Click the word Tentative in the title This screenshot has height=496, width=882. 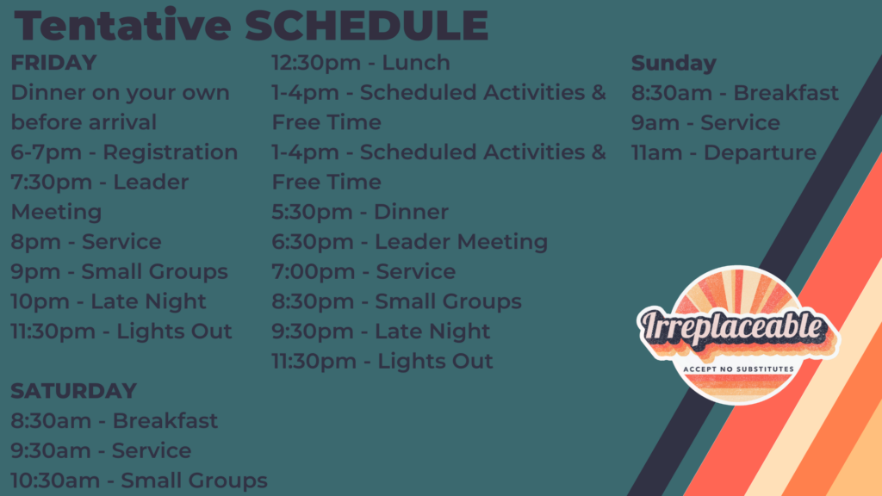122,25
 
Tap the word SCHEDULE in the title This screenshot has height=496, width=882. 367,26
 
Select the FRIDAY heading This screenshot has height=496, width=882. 54,63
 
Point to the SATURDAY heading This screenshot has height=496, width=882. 74,391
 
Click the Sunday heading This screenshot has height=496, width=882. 674,64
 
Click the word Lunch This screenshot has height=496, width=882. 416,63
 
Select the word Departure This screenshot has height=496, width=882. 760,153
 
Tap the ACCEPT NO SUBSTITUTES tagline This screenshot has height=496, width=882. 738,369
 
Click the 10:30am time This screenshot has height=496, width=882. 55,480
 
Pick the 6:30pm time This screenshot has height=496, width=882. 313,242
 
